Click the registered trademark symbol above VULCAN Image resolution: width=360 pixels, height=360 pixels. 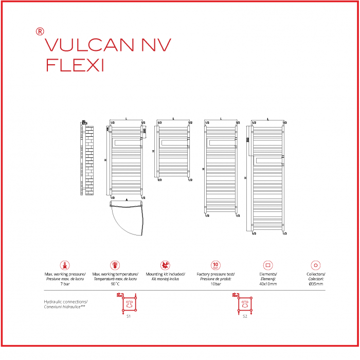(x=40, y=31)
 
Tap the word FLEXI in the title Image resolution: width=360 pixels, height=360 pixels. (x=75, y=65)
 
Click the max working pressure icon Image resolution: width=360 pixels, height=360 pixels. (x=65, y=265)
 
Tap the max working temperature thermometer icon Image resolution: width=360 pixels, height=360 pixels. (x=115, y=265)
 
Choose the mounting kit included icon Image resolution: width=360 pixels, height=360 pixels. (x=165, y=265)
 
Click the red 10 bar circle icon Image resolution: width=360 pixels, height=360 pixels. (x=215, y=265)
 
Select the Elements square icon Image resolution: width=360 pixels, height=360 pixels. (x=267, y=265)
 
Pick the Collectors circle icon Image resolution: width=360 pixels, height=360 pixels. (x=316, y=265)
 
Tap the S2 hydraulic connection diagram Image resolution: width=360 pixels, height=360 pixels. (x=245, y=304)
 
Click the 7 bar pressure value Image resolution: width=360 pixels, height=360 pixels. (x=65, y=284)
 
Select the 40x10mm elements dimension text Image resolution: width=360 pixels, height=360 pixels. (x=267, y=284)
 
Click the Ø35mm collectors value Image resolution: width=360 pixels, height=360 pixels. (x=316, y=284)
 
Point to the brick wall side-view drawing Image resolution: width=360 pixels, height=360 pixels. (x=89, y=159)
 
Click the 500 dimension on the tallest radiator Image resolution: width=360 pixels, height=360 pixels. (x=247, y=140)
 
